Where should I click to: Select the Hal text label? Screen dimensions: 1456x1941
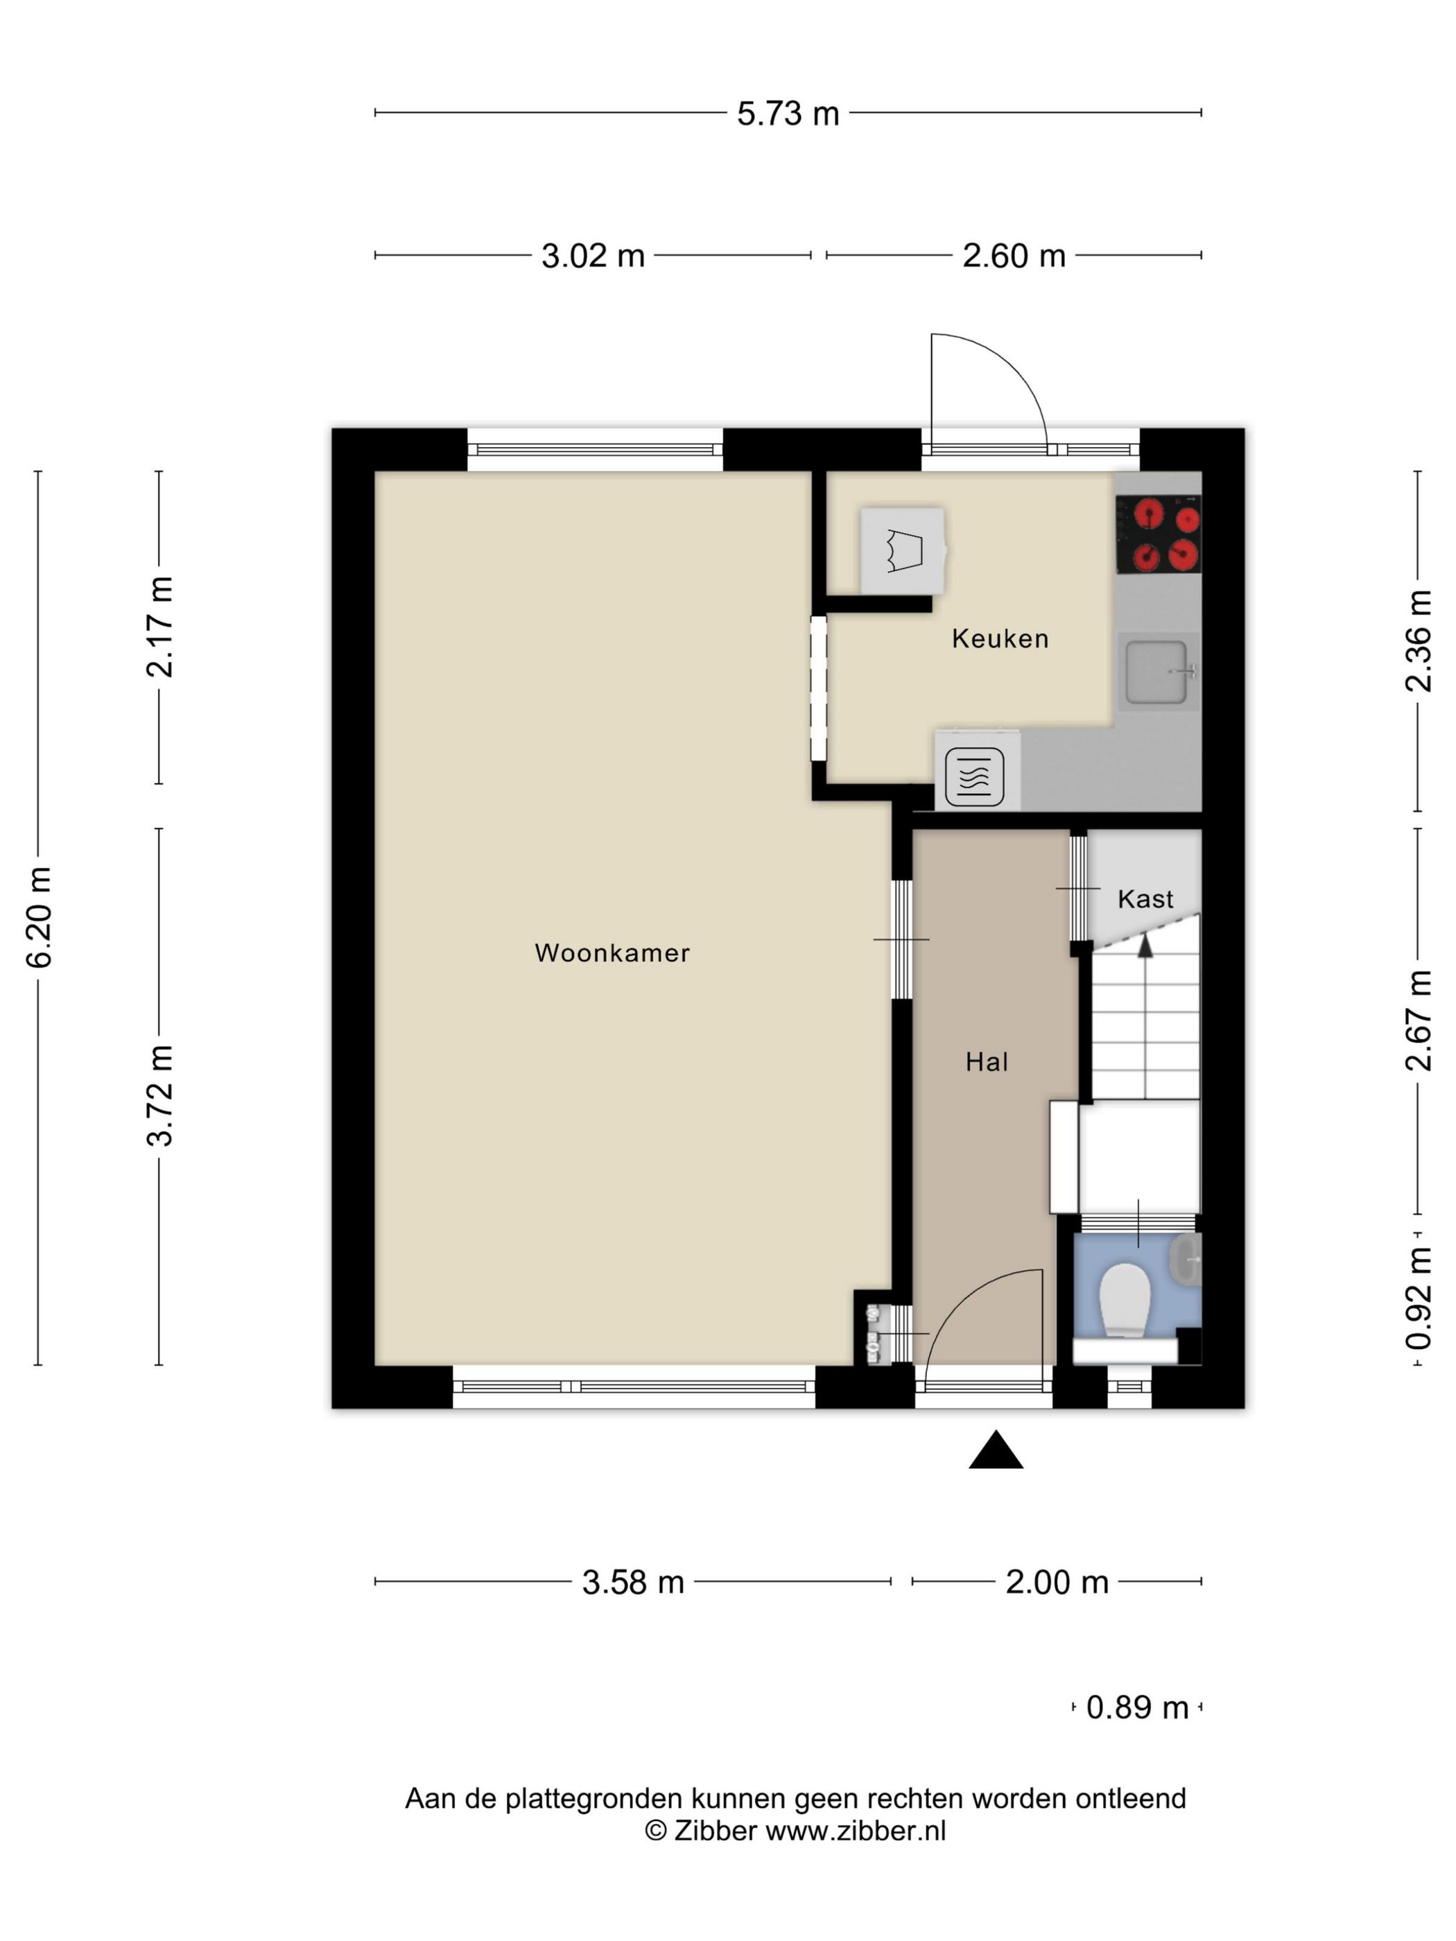click(x=987, y=1062)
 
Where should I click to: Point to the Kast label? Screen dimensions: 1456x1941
click(x=1145, y=898)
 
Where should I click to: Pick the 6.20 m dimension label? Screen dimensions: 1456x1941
click(x=40, y=917)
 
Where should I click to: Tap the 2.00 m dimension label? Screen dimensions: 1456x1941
click(x=1057, y=1581)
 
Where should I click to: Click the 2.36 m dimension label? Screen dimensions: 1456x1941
click(x=1419, y=641)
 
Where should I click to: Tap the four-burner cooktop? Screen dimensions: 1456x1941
click(x=1158, y=534)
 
